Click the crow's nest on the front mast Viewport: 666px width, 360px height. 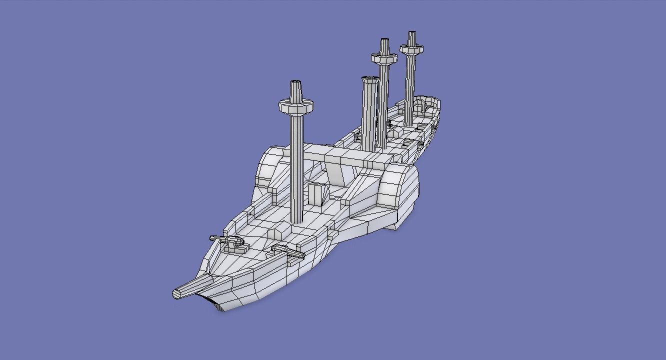coord(295,106)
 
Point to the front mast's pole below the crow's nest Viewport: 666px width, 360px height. coord(296,165)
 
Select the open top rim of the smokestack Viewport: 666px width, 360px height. coord(369,79)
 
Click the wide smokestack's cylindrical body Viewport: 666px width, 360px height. coord(369,115)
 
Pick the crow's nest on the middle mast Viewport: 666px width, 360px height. coord(384,58)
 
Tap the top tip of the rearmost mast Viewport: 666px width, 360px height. coord(411,33)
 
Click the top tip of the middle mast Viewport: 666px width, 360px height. coord(384,40)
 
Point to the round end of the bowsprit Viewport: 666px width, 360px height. coord(176,294)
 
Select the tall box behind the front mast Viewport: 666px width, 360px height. coord(316,194)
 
